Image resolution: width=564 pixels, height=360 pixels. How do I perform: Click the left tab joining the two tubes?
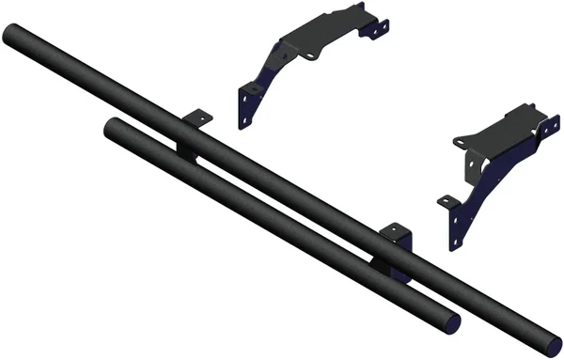tap(196, 119)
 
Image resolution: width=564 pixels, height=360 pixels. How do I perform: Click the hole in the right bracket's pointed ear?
tap(462, 141)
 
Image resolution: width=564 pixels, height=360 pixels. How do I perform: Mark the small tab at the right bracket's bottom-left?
tap(445, 199)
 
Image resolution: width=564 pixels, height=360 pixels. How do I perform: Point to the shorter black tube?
tap(282, 226)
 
